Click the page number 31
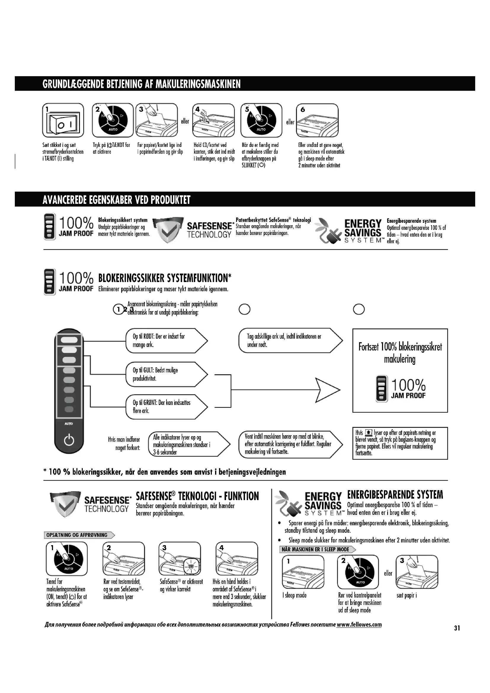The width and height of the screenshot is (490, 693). point(457,628)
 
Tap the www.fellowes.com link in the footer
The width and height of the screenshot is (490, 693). point(359,624)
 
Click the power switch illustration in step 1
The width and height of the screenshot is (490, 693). point(63,120)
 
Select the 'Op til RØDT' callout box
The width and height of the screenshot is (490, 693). point(166,340)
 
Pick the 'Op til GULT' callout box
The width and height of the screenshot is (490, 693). point(166,374)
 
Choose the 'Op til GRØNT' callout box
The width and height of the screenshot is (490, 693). point(166,406)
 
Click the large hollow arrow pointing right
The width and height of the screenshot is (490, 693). point(327,390)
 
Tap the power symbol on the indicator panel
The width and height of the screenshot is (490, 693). point(69,440)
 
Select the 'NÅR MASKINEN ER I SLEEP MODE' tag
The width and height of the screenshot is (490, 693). point(317,549)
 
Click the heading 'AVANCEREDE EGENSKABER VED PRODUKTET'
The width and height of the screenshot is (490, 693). point(116,200)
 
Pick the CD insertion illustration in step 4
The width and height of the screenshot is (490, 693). point(213,120)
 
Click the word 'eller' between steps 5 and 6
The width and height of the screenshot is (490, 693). point(290,122)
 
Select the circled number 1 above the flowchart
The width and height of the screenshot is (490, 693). point(119,309)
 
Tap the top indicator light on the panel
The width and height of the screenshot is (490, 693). point(69,340)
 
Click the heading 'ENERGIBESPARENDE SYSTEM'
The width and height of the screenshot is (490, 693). point(395,495)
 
